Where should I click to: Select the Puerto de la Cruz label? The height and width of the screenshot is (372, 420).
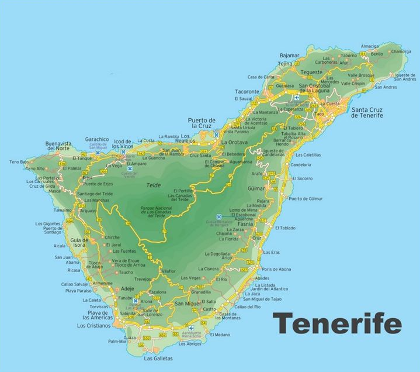pos(202,123)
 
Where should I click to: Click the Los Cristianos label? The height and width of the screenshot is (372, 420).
pos(94,326)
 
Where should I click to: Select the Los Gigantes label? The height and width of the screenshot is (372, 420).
pos(47,223)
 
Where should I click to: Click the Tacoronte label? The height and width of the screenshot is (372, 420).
pos(247,92)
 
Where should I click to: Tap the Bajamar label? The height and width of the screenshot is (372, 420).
pos(289,55)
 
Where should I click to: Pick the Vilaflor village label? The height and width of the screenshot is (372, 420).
pos(168,271)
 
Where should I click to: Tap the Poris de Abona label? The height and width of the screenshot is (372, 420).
pos(276,268)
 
